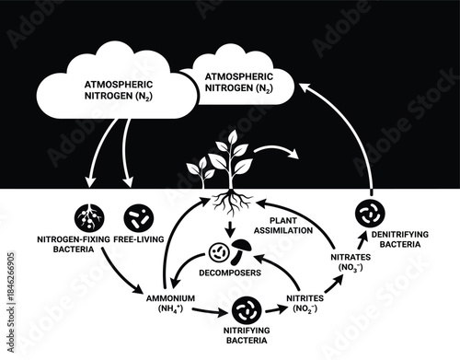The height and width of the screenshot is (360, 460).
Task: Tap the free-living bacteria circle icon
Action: (136, 217)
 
